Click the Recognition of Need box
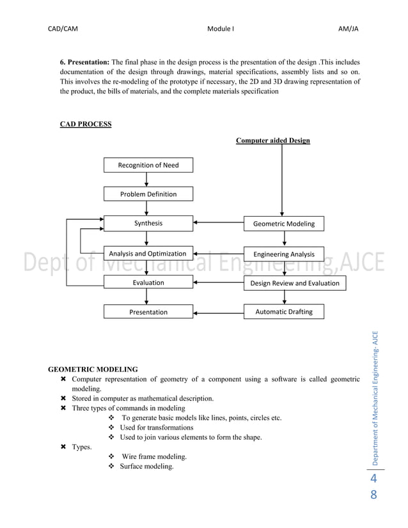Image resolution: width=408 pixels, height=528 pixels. coord(148,165)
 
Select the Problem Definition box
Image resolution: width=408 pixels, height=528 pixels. coord(148,194)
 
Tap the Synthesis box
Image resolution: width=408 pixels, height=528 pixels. coord(148,223)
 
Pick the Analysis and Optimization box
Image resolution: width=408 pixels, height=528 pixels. coord(148,253)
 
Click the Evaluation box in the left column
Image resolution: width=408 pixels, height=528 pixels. coord(148,283)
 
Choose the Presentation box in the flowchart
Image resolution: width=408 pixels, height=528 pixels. coord(148,312)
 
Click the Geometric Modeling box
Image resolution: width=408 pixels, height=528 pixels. coord(284,224)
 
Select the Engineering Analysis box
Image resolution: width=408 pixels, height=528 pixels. coord(284,254)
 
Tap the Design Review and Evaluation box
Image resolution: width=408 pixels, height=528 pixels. coord(295,283)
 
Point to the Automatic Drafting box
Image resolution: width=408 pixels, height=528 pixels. coord(284,312)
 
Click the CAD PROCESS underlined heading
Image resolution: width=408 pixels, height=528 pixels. coord(86,124)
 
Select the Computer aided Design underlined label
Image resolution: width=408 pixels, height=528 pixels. coord(273,141)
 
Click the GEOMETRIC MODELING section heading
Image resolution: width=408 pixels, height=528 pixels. coord(93,369)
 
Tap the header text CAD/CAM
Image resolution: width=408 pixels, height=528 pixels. coord(63,29)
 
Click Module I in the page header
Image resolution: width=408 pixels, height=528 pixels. coord(221,29)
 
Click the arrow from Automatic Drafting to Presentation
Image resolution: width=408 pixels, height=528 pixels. coord(219,313)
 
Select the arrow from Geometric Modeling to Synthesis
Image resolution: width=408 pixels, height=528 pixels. coord(219,223)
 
